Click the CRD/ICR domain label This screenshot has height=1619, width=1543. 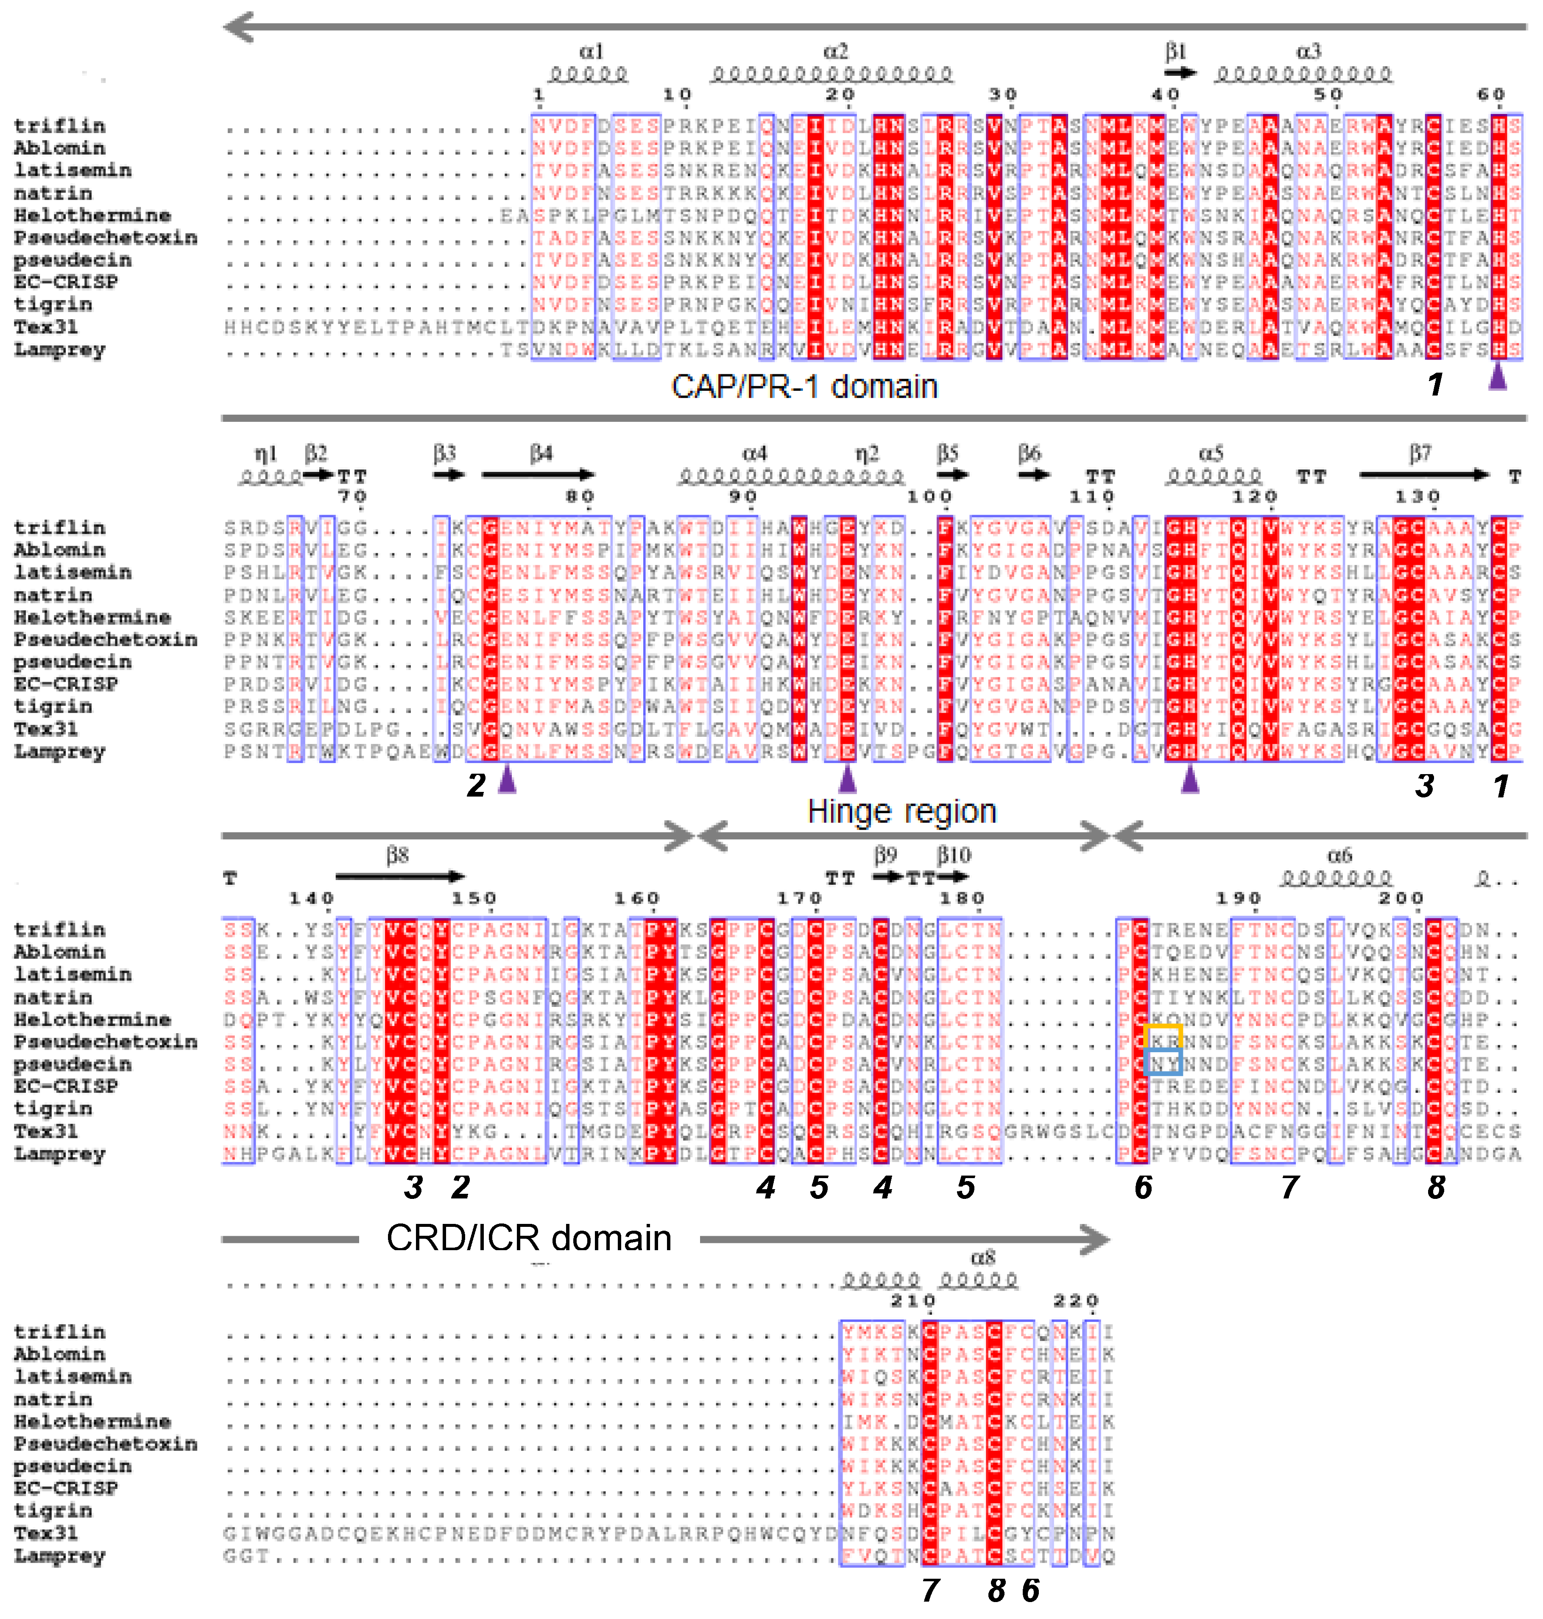coord(529,1237)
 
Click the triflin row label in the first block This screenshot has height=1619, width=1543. coord(59,126)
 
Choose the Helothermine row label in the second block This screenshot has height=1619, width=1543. coord(92,618)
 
